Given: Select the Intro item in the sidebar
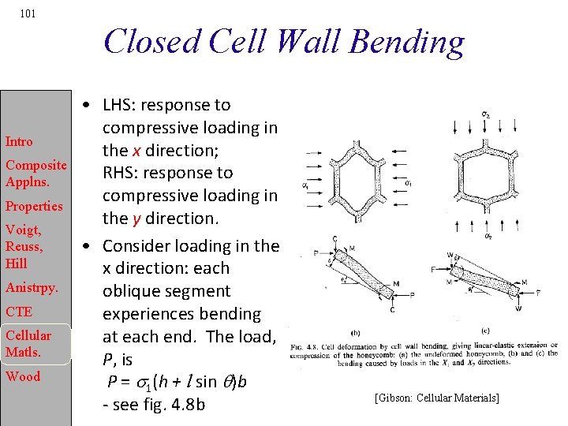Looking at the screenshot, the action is pyautogui.click(x=19, y=142).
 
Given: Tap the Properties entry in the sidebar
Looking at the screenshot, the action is pyautogui.click(x=34, y=206).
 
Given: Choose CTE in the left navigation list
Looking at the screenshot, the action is pyautogui.click(x=19, y=312).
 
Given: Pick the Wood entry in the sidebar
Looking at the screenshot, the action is pyautogui.click(x=22, y=376).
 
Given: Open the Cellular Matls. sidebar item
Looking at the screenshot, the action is pyautogui.click(x=28, y=343).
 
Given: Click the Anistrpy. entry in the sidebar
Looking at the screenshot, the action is pyautogui.click(x=32, y=286).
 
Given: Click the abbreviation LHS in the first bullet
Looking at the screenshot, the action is pyautogui.click(x=121, y=105).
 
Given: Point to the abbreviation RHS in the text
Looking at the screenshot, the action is pyautogui.click(x=121, y=173).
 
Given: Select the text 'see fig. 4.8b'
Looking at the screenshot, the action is pyautogui.click(x=159, y=405).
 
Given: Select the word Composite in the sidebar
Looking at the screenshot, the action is pyautogui.click(x=36, y=166).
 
